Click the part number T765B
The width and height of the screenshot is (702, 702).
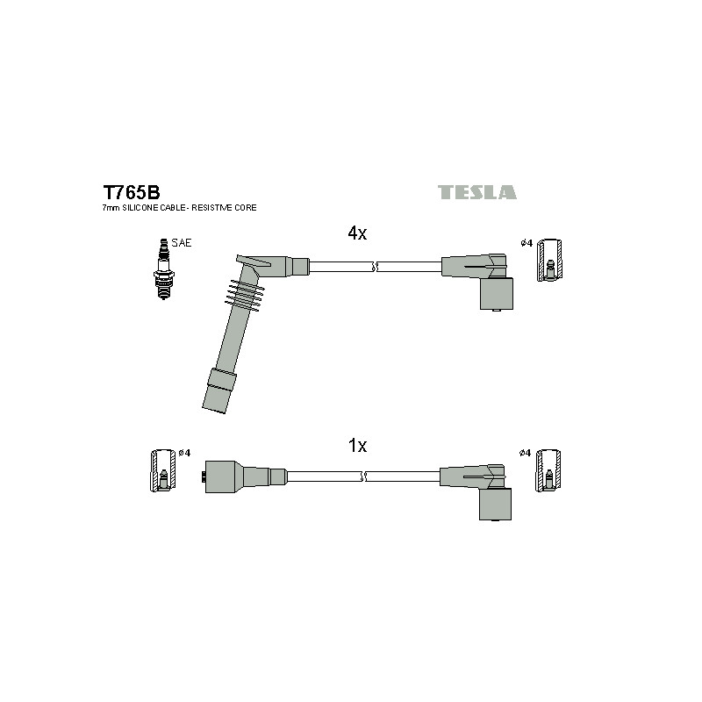click(x=131, y=192)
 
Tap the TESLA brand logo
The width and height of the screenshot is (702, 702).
click(x=476, y=192)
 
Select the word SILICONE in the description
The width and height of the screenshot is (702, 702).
click(x=140, y=208)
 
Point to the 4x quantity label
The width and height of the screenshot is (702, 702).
click(x=357, y=233)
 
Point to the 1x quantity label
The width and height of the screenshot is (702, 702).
click(x=357, y=446)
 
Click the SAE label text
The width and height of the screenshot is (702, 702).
click(x=182, y=243)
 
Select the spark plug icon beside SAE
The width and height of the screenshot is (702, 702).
click(x=163, y=269)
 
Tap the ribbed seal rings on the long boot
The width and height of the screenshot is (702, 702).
click(x=245, y=296)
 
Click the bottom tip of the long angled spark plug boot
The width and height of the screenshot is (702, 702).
click(x=213, y=410)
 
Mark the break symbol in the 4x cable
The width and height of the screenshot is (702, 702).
click(x=376, y=267)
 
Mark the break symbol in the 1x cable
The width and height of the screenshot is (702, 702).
click(x=363, y=476)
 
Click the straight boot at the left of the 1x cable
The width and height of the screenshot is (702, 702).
click(x=244, y=476)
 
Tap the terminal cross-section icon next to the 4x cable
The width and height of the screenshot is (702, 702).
click(x=549, y=260)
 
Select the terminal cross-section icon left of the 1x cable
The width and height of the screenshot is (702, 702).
click(x=162, y=470)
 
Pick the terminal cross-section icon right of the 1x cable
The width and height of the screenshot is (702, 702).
click(x=548, y=470)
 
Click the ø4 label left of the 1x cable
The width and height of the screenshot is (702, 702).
click(x=184, y=453)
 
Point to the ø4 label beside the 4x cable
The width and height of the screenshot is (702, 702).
click(x=526, y=243)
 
